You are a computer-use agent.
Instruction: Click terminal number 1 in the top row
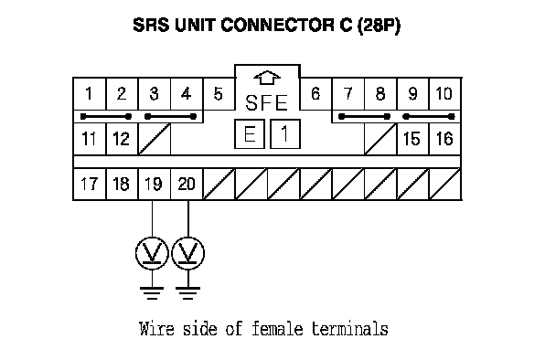90,94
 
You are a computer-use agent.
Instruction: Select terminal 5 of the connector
219,94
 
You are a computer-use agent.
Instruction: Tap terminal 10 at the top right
444,94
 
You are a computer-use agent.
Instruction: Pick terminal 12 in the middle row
122,139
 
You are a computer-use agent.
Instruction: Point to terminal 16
444,139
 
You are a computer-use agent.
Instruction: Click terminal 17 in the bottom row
90,184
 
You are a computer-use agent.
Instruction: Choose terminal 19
154,184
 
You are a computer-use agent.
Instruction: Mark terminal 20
187,184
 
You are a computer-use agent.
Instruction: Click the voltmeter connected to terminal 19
152,253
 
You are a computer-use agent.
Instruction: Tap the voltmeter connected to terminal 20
188,253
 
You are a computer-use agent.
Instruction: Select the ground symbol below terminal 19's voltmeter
152,293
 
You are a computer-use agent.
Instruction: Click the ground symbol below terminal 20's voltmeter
188,293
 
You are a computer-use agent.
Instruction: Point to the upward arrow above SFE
267,78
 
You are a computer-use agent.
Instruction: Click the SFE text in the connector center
266,102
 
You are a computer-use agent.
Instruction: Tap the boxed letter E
250,134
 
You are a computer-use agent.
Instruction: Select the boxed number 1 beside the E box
285,134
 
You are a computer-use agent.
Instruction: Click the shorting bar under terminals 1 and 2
106,116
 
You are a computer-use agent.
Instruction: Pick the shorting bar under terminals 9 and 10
429,116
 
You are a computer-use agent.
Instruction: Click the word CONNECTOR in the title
277,26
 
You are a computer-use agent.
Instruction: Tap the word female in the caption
277,328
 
